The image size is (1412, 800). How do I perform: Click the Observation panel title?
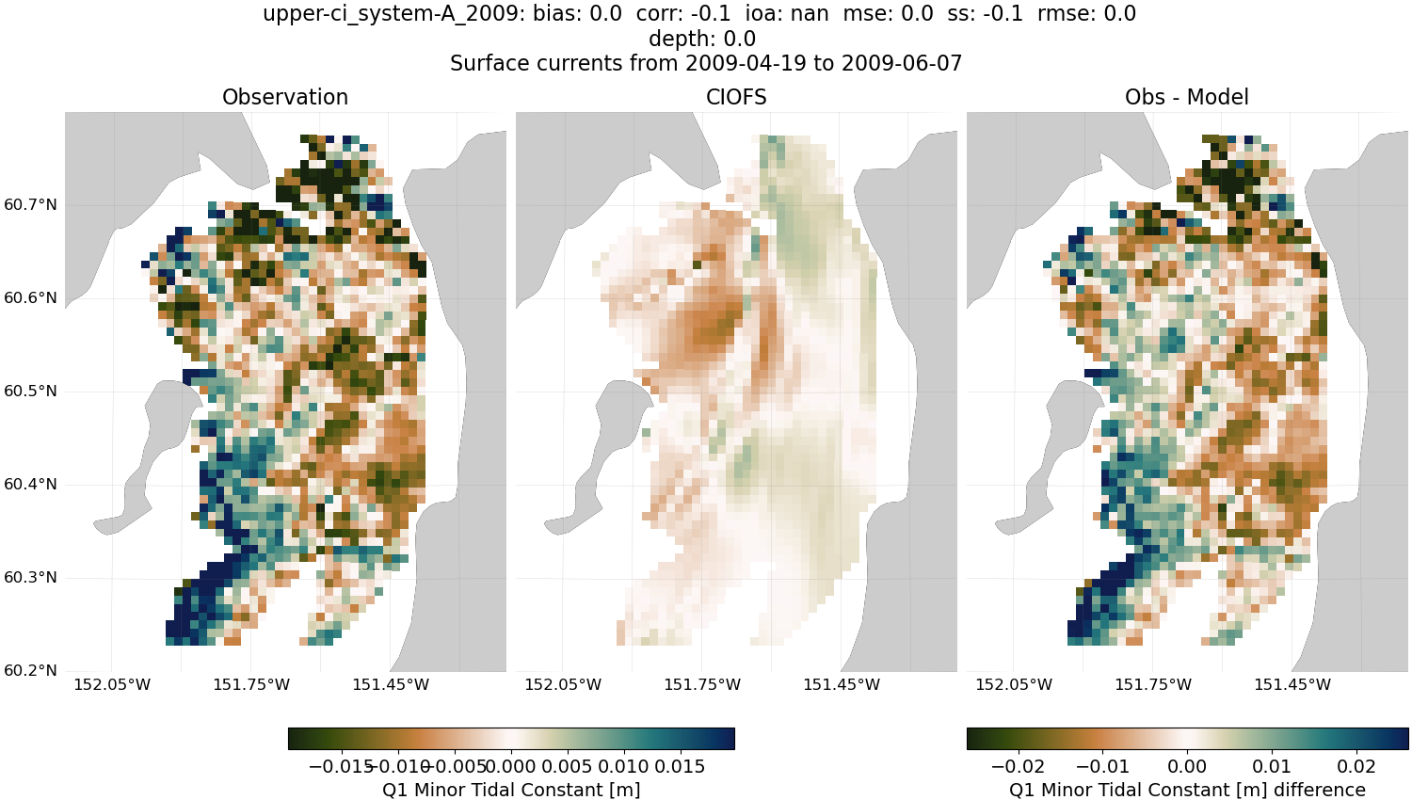[284, 97]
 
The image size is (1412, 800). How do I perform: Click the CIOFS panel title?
[736, 97]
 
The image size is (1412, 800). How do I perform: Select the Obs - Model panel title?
[1186, 97]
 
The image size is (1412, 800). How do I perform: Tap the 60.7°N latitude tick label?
[31, 204]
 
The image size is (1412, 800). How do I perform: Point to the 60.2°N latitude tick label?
[31, 670]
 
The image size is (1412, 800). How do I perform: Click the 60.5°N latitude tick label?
[31, 391]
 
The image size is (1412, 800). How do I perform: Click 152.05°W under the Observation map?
[112, 684]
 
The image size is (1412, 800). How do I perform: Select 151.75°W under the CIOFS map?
[702, 684]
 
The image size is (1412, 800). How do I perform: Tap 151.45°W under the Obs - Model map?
[1292, 684]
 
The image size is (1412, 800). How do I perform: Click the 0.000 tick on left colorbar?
[511, 766]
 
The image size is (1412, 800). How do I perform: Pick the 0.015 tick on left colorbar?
[678, 766]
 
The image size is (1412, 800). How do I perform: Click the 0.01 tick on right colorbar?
[1272, 766]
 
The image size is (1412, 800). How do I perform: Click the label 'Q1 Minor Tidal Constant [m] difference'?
[1186, 790]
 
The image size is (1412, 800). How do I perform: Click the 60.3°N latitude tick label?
[31, 577]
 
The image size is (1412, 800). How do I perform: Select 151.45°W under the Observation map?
[391, 684]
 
